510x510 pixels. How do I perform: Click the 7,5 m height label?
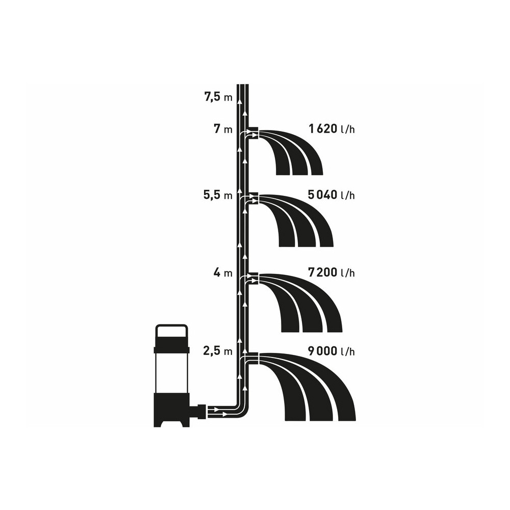tap(218, 97)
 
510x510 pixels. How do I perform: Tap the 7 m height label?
tap(223, 130)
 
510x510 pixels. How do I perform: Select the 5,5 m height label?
tap(218, 195)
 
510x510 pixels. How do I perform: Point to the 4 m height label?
tap(223, 272)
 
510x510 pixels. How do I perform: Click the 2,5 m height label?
tap(218, 351)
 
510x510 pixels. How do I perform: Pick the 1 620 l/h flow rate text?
tap(332, 129)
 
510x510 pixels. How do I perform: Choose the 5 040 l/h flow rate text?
tap(331, 195)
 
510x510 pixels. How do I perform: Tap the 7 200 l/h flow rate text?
tap(331, 272)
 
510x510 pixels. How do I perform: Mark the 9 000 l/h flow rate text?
tap(331, 351)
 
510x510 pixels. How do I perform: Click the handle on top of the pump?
tap(171, 326)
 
